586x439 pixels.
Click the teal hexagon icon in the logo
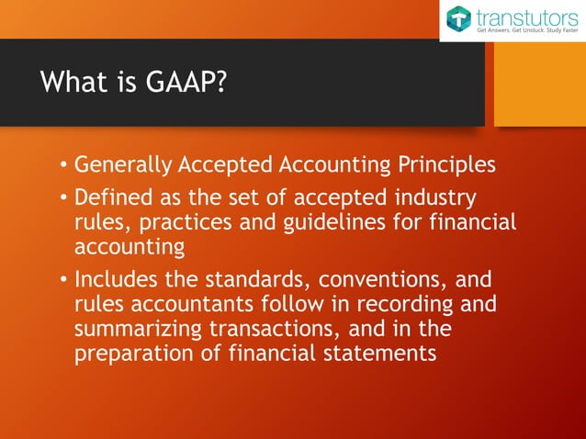pos(459,18)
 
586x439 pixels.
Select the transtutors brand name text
pos(526,16)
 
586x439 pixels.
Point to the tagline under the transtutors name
pos(526,31)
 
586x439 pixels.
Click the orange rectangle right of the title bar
pos(539,84)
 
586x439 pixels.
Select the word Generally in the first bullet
pos(115,165)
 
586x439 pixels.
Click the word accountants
pos(178,303)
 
